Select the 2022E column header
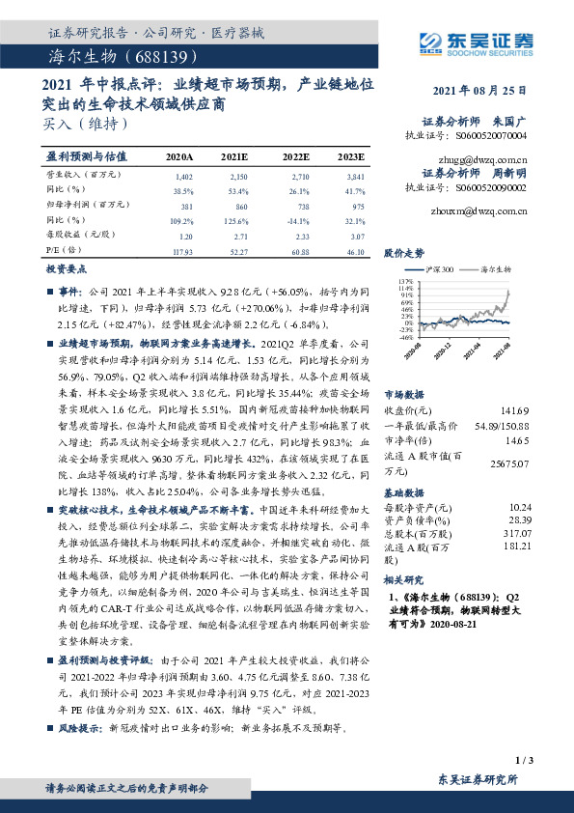click(x=296, y=155)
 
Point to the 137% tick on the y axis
click(x=394, y=281)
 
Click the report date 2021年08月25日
click(x=478, y=90)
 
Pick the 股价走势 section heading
click(x=404, y=253)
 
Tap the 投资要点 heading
click(x=68, y=271)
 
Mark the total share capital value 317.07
click(x=517, y=533)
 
